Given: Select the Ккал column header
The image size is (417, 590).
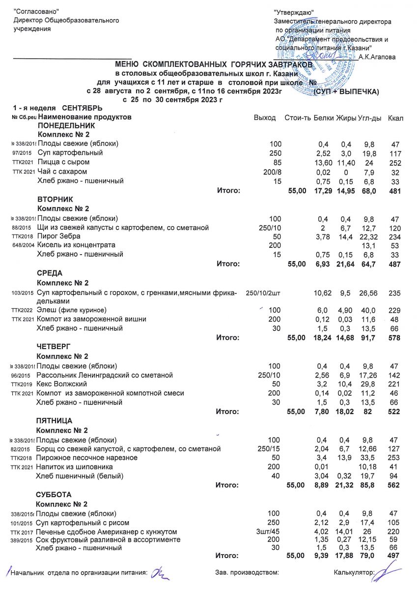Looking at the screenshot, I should coord(395,118).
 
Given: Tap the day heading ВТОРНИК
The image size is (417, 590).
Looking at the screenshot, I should coord(55,199).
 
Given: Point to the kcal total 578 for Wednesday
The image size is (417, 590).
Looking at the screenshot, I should coord(394,338).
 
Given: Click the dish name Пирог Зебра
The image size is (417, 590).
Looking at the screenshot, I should coord(59,236).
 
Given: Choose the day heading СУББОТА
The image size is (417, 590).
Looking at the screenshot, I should coord(54,494).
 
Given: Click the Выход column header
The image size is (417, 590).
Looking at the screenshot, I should coord(264,118).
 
